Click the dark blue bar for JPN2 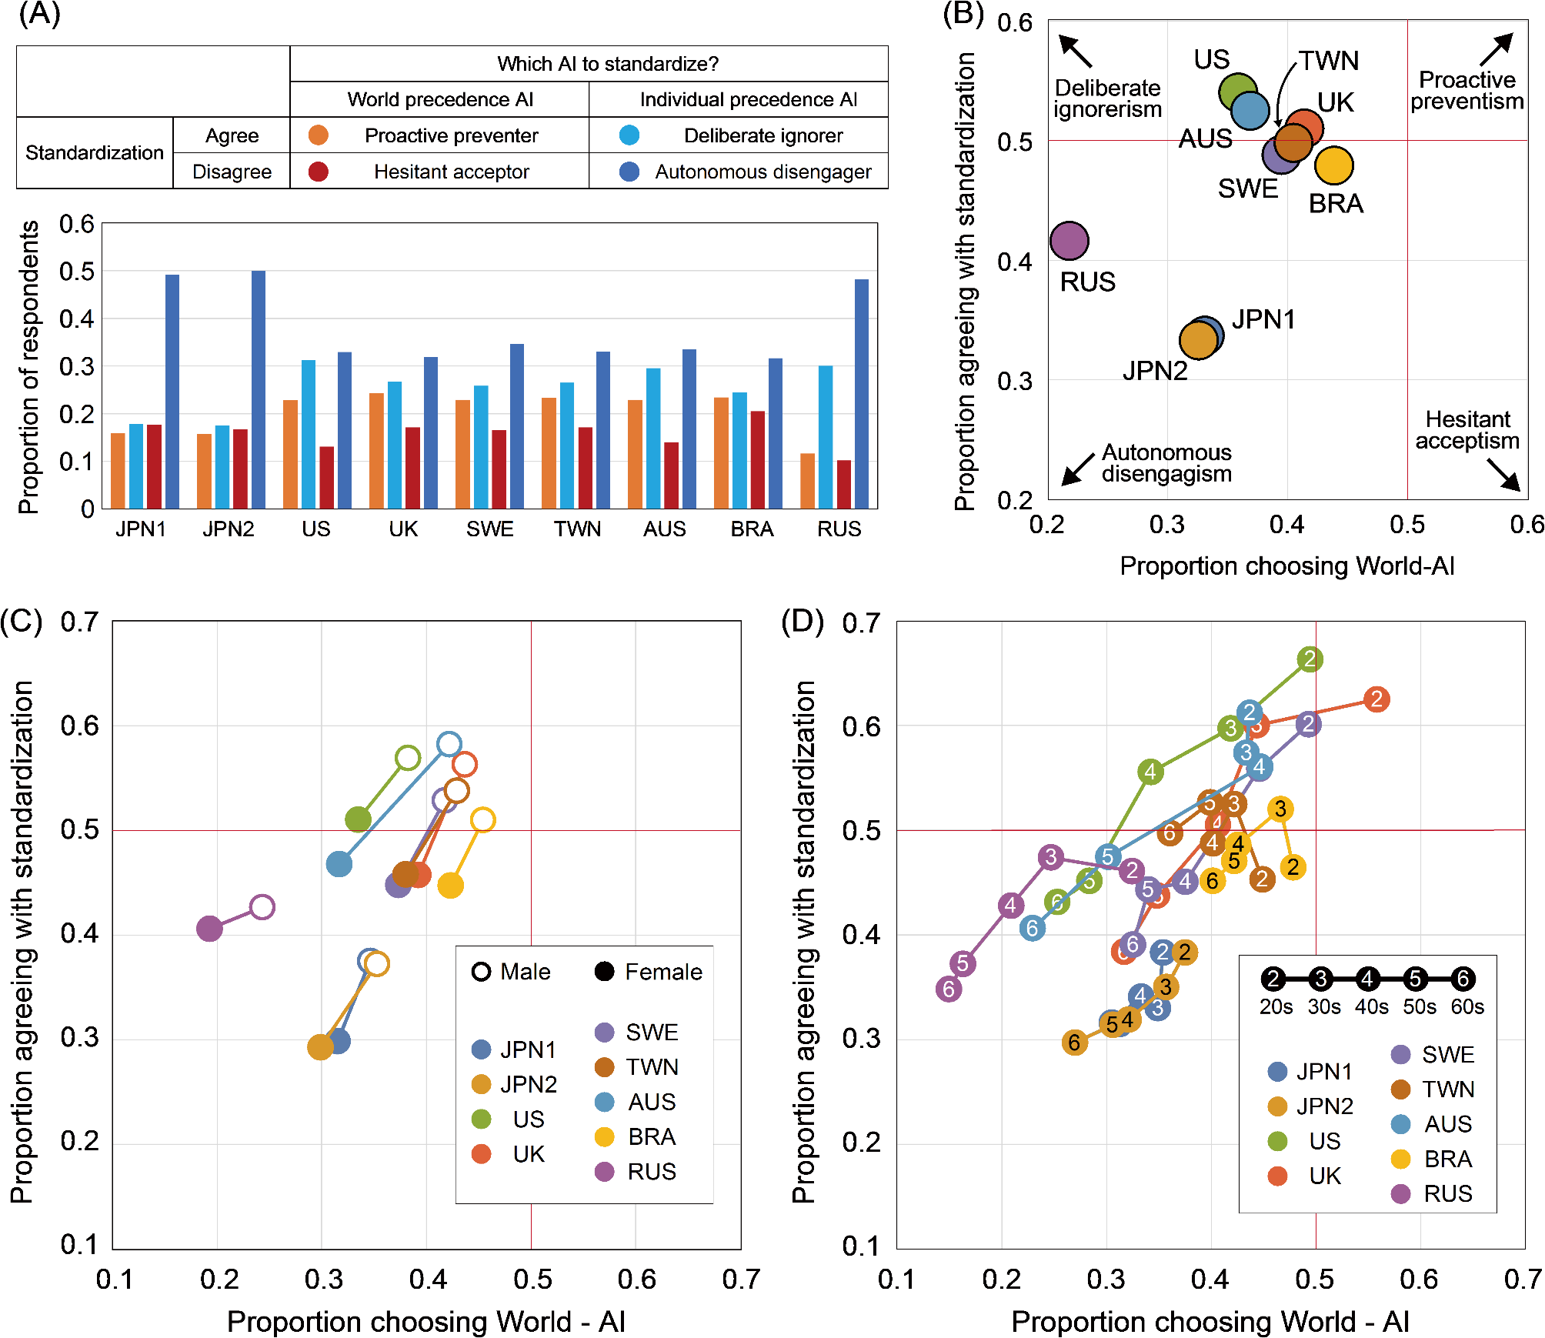click(259, 389)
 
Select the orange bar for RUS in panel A click(807, 481)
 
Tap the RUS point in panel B click(1069, 241)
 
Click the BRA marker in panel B click(1334, 165)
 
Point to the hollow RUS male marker click(262, 907)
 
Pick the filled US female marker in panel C click(358, 819)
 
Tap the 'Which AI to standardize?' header click(607, 64)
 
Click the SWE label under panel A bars click(490, 529)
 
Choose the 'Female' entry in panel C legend click(649, 972)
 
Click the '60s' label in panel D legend click(1467, 1007)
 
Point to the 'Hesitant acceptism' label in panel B click(1467, 430)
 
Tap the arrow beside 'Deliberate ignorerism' click(1075, 51)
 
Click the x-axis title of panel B click(1286, 566)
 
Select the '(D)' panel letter click(802, 621)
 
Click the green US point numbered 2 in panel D click(1310, 659)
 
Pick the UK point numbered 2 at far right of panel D click(1376, 699)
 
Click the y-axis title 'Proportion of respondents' click(28, 367)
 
